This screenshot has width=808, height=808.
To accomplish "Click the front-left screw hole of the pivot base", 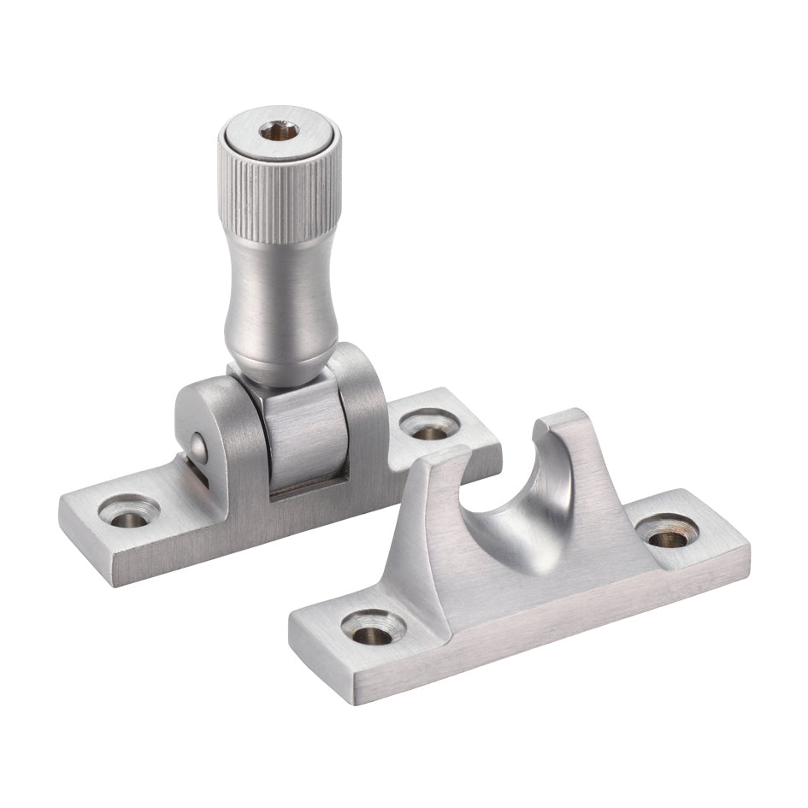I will click(x=128, y=511).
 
